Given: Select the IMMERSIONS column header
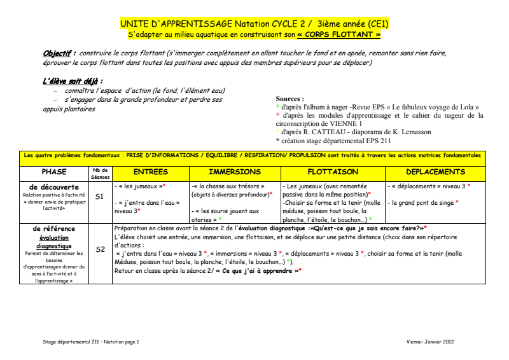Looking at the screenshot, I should pyautogui.click(x=235, y=172).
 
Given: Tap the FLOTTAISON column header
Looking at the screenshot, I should pyautogui.click(x=333, y=172).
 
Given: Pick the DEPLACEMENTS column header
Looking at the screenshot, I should pyautogui.click(x=435, y=172).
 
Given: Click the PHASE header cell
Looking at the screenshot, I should pyautogui.click(x=54, y=172).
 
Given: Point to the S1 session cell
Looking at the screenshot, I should pyautogui.click(x=99, y=197).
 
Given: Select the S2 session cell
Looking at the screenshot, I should pyautogui.click(x=99, y=249).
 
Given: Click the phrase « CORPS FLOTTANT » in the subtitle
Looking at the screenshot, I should pyautogui.click(x=343, y=34).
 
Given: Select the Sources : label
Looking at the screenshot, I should pyautogui.click(x=289, y=99).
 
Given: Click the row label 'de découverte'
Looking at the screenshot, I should pyautogui.click(x=54, y=187).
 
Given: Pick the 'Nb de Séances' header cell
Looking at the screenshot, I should pyautogui.click(x=100, y=173).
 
